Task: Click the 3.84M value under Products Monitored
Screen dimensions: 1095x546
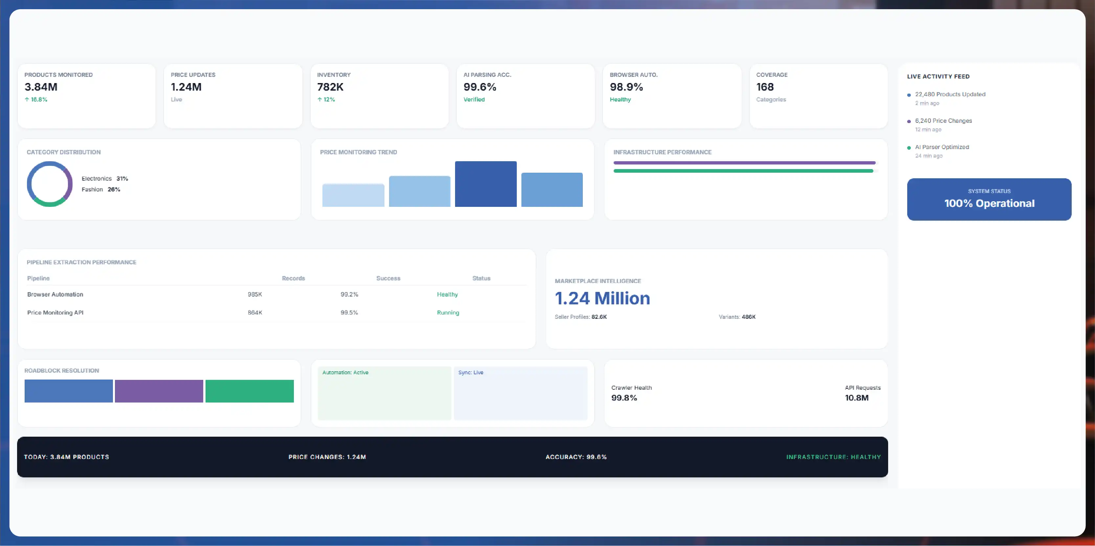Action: (x=41, y=87)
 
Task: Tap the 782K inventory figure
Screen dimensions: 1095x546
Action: (x=330, y=87)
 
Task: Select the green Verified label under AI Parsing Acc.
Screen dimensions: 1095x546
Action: (x=474, y=99)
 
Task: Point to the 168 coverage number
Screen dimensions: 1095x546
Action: (x=765, y=87)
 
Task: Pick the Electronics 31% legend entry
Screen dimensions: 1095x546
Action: (x=104, y=179)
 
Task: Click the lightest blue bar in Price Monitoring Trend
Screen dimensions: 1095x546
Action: (x=353, y=195)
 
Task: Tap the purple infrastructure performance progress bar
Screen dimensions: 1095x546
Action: (x=744, y=163)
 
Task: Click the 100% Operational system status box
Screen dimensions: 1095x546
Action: (x=989, y=199)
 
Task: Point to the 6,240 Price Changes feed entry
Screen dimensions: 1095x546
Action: (x=943, y=121)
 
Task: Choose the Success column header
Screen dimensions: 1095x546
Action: (x=388, y=278)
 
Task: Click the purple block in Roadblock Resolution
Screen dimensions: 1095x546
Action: (x=159, y=391)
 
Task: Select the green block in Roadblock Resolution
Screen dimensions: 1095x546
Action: (x=250, y=391)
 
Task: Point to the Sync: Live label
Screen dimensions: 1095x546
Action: (x=471, y=372)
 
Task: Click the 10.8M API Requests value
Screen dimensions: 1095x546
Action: (x=857, y=398)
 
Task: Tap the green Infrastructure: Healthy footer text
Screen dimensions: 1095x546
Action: (x=833, y=457)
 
